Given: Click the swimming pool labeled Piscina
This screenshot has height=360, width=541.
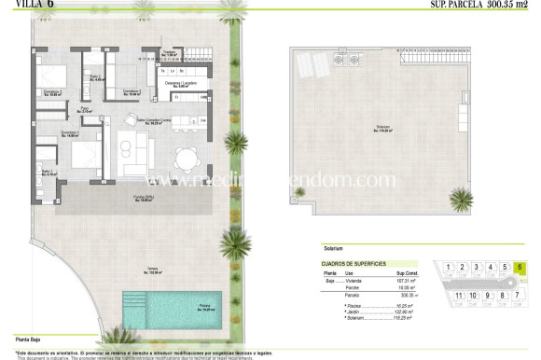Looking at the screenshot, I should click(x=172, y=306).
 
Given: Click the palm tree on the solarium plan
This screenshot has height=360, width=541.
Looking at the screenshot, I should click(x=461, y=198).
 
